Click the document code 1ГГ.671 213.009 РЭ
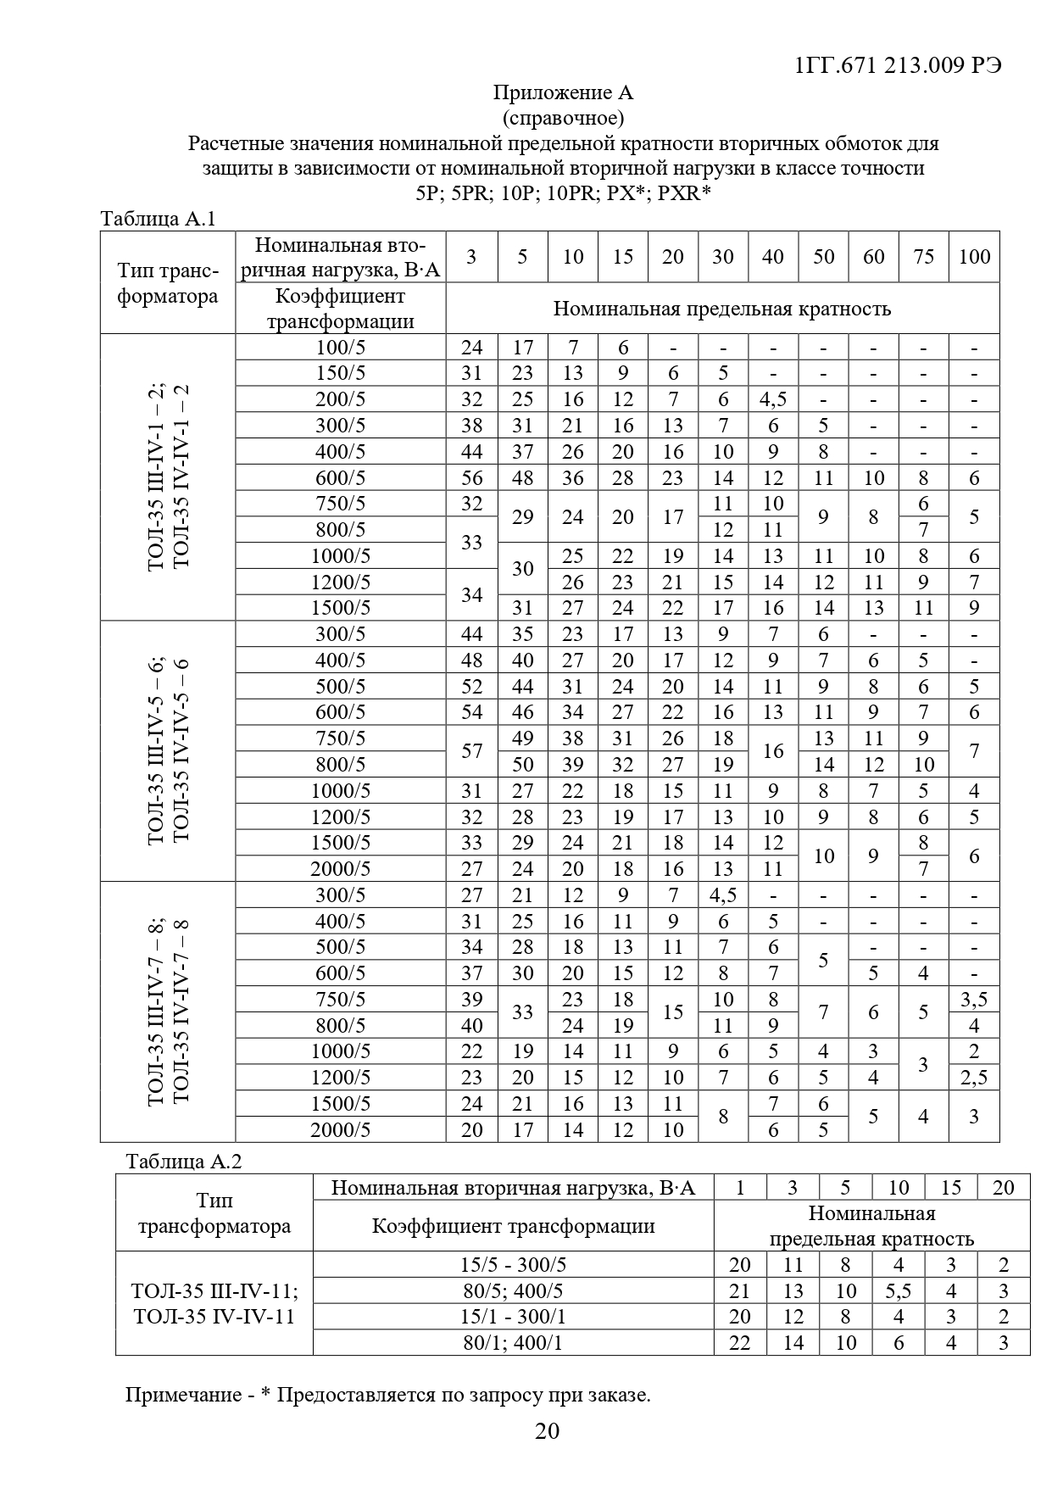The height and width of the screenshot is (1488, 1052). tap(899, 65)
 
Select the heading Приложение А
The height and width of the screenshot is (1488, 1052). tap(563, 92)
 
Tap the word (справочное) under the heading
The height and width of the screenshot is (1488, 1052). tap(563, 117)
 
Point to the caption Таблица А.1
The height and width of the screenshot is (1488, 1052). tap(159, 219)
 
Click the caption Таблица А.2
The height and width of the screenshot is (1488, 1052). tap(184, 1162)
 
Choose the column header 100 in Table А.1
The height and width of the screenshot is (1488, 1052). tap(974, 257)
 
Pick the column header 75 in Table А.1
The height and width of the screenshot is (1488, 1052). tap(923, 257)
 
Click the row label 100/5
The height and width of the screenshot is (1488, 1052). tap(340, 348)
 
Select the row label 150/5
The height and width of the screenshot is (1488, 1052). tap(340, 374)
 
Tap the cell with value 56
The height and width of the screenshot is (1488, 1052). tap(471, 478)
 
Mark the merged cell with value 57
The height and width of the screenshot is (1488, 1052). tap(471, 751)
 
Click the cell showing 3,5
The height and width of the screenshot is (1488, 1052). tap(974, 1000)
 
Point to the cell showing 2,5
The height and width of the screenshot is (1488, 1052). tap(974, 1078)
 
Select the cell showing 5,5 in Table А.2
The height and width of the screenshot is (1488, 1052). tap(898, 1291)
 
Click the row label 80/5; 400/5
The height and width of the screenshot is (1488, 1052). tap(513, 1291)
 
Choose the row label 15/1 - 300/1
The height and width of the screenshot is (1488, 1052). tap(513, 1317)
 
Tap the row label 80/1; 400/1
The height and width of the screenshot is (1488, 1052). tap(513, 1343)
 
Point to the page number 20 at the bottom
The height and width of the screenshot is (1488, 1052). tap(548, 1432)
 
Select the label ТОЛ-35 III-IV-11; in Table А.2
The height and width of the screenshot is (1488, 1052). tap(214, 1291)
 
